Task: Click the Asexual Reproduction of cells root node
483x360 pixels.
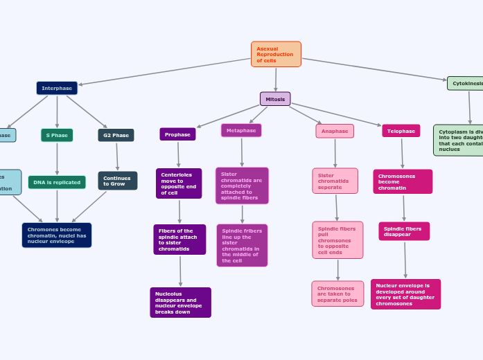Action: pos(276,54)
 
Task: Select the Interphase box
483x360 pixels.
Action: pos(57,88)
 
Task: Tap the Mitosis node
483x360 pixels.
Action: pos(275,99)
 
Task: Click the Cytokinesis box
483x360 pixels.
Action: pos(466,83)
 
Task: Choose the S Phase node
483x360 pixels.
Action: pos(57,135)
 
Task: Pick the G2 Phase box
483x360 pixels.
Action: pos(116,135)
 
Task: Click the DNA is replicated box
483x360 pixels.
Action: pos(57,182)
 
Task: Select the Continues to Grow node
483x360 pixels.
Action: pos(117,181)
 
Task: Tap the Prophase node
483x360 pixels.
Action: pos(177,134)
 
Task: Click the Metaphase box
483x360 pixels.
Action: pos(241,130)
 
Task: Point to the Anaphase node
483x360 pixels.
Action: pos(335,131)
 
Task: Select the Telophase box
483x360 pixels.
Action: pos(401,131)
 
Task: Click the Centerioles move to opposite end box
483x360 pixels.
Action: pos(179,183)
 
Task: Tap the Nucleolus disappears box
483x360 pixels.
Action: pos(180,303)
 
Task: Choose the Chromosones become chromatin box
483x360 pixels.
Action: pos(403,181)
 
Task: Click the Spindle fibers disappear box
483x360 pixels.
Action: pos(404,231)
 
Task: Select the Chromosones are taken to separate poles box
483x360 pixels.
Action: pos(337,294)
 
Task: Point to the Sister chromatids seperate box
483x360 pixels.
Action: pos(335,181)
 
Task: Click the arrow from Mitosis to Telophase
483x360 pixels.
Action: pos(336,116)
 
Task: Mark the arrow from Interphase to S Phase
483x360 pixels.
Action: pos(57,111)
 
